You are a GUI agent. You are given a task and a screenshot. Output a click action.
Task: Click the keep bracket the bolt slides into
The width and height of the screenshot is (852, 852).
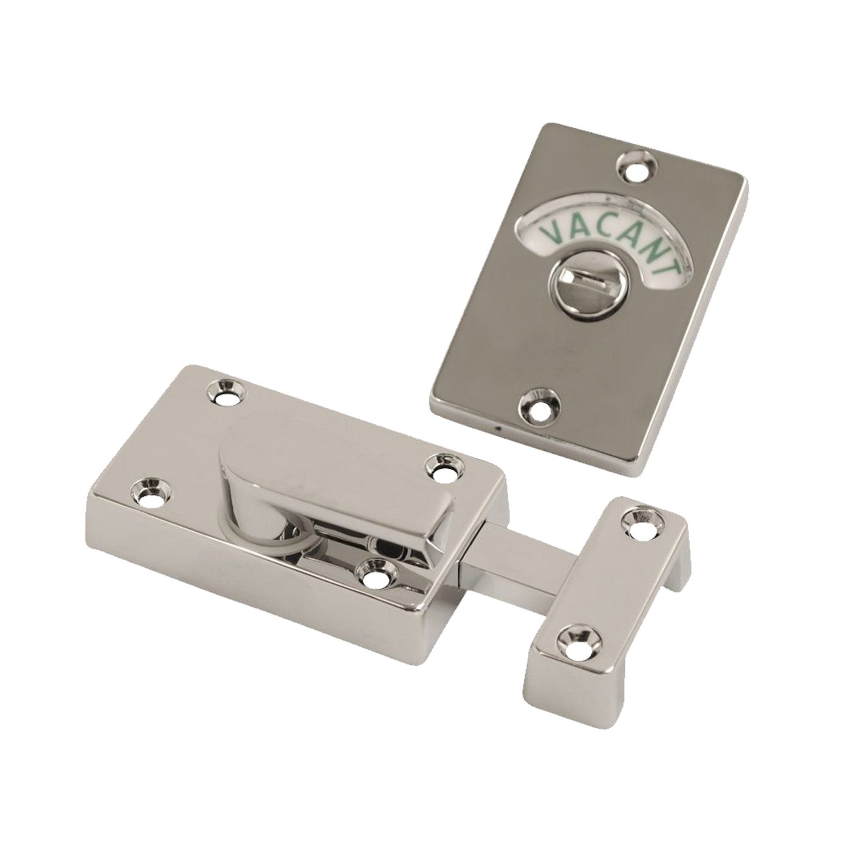click(607, 596)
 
